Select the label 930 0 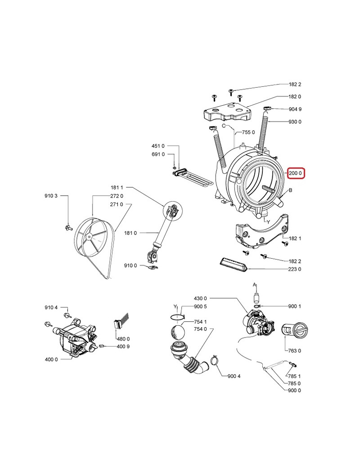(295, 122)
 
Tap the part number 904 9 (295, 109)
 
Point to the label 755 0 (248, 132)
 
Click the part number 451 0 (158, 146)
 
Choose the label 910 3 (51, 196)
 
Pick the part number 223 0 (295, 269)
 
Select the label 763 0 (295, 351)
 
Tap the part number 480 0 (123, 339)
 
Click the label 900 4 (234, 376)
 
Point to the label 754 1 (200, 322)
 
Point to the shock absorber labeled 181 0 (160, 234)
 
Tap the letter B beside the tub (291, 191)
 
